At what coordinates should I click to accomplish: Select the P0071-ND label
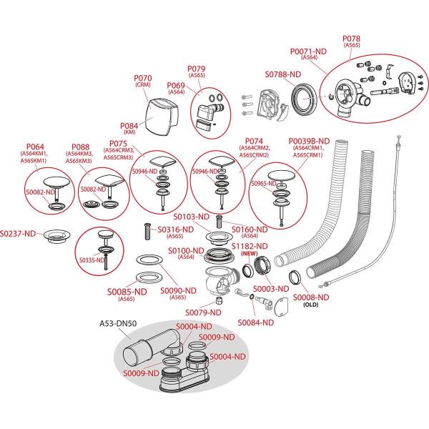pyautogui.click(x=309, y=51)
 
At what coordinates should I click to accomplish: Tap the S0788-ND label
pyautogui.click(x=285, y=74)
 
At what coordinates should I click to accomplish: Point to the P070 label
pyautogui.click(x=143, y=78)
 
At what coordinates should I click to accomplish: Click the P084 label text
pyautogui.click(x=129, y=124)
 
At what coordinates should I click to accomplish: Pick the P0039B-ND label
pyautogui.click(x=309, y=142)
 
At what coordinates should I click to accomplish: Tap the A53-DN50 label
pyautogui.click(x=118, y=323)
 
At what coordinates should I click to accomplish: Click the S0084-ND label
pyautogui.click(x=257, y=322)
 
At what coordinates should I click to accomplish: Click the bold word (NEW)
pyautogui.click(x=249, y=255)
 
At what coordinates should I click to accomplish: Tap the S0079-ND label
pyautogui.click(x=204, y=312)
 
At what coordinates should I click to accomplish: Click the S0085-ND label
pyautogui.click(x=127, y=292)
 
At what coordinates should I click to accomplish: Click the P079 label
pyautogui.click(x=197, y=69)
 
